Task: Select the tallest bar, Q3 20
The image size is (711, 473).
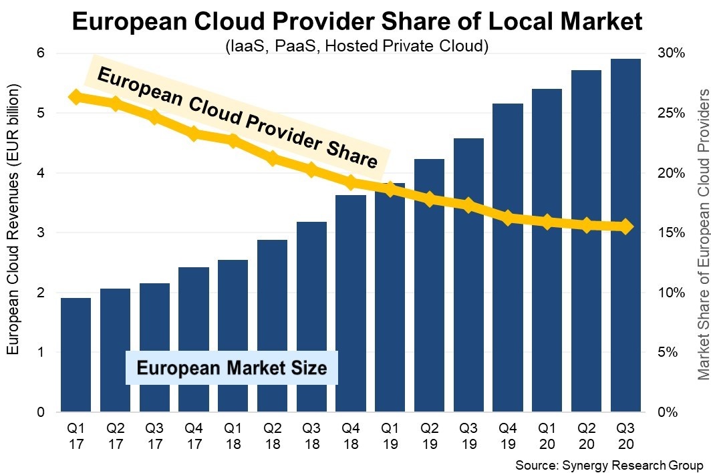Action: point(626,234)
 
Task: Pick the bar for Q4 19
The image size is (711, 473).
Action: point(508,257)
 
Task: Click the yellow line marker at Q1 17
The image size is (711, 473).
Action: point(76,98)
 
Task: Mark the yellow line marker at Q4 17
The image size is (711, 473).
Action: point(194,134)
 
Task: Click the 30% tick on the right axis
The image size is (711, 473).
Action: point(672,53)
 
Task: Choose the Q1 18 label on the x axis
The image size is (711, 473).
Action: point(233,435)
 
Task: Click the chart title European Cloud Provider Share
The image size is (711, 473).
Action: point(357,23)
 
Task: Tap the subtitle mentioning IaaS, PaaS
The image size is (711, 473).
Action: point(356,46)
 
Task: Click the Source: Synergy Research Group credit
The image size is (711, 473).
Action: point(609,464)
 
